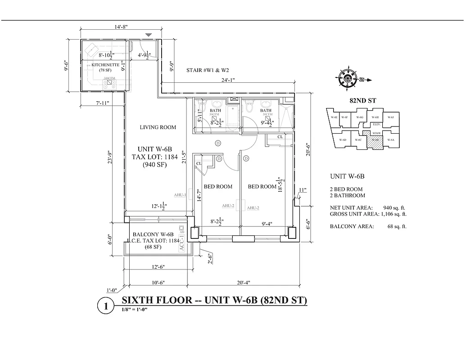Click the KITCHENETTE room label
click(x=105, y=65)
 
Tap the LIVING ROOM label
click(x=158, y=127)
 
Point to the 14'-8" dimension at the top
click(x=121, y=27)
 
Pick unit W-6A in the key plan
click(x=390, y=140)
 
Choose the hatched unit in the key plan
click(x=375, y=140)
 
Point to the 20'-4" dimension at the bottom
click(x=243, y=283)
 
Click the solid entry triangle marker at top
click(x=149, y=35)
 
